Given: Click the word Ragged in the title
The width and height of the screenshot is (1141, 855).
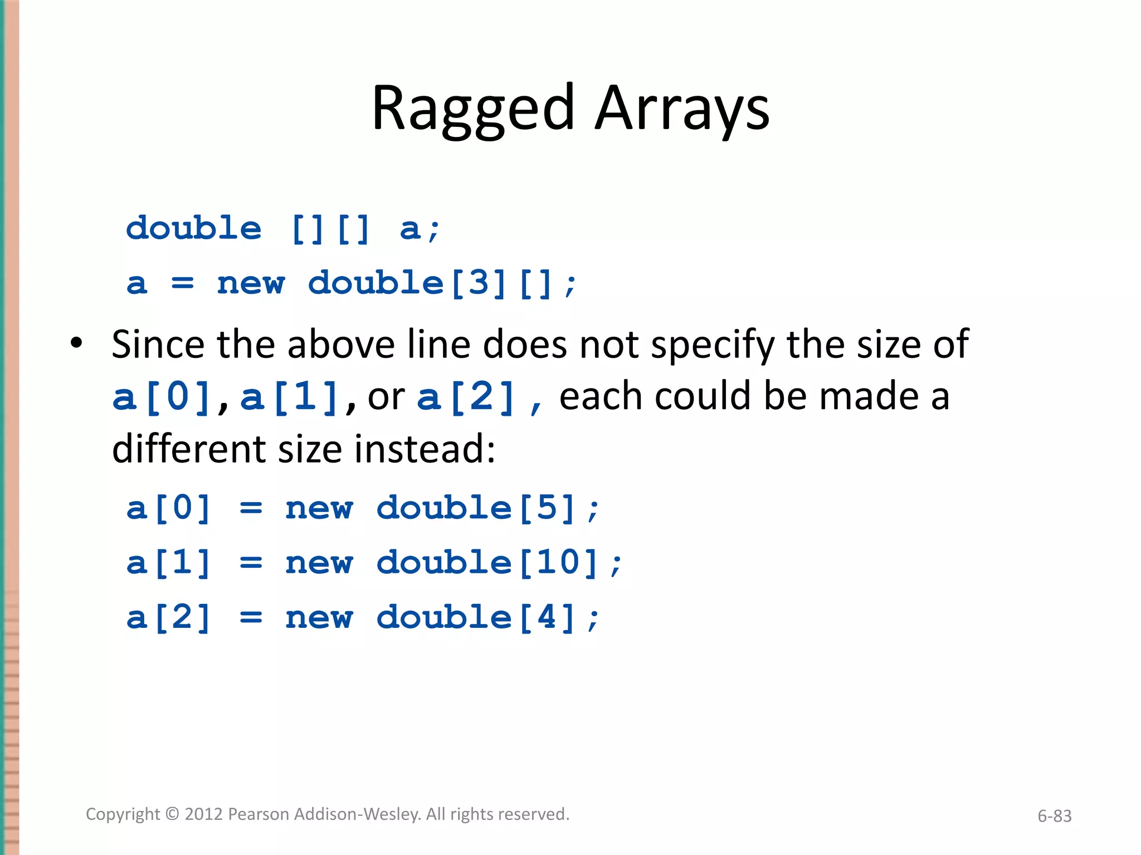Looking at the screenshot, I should pyautogui.click(x=472, y=109).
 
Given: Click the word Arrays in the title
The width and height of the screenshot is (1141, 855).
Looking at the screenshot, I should pyautogui.click(x=682, y=109).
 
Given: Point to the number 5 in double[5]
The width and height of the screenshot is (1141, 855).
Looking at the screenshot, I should pyautogui.click(x=547, y=508).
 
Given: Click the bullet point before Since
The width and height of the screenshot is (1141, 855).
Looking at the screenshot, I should pyautogui.click(x=76, y=343).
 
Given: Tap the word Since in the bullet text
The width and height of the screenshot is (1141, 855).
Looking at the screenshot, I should pyautogui.click(x=158, y=345).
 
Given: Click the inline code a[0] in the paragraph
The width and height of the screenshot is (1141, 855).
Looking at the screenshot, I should pyautogui.click(x=162, y=397).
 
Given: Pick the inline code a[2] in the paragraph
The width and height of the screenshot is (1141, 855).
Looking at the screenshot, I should pyautogui.click(x=466, y=397).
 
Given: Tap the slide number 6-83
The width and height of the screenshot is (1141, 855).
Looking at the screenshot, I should pyautogui.click(x=1054, y=816).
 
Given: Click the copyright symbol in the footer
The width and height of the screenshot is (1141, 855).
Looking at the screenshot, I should pyautogui.click(x=173, y=814).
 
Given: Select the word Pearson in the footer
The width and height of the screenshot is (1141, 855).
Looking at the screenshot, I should pyautogui.click(x=259, y=814).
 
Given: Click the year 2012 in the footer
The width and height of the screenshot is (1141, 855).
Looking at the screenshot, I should pyautogui.click(x=204, y=814).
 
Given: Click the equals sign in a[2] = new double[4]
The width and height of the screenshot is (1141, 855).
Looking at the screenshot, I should pyautogui.click(x=251, y=617).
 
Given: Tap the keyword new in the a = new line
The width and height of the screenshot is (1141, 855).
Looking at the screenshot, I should pyautogui.click(x=251, y=283).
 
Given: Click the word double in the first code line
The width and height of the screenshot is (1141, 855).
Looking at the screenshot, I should pyautogui.click(x=193, y=228).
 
